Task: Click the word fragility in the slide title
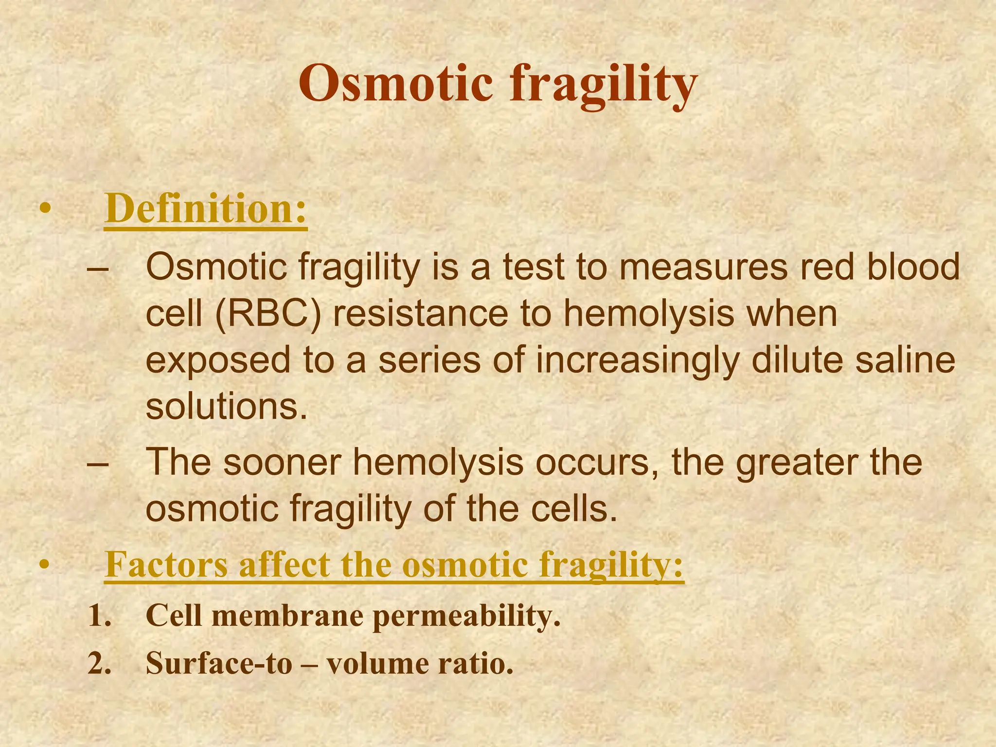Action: point(604,85)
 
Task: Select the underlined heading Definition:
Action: point(205,209)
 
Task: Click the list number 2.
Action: point(99,664)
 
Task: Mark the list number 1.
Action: point(99,616)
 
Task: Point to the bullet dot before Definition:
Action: point(45,209)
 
